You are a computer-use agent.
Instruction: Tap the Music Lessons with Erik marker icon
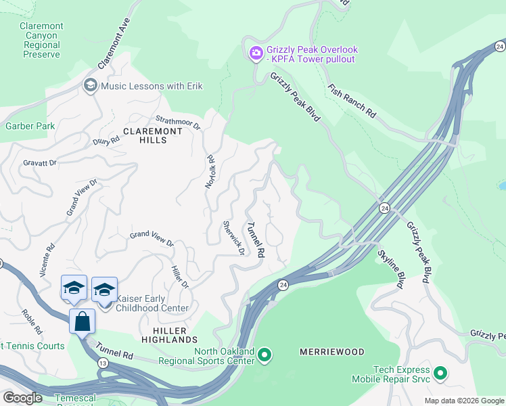(90, 85)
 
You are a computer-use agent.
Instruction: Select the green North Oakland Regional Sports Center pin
(264, 355)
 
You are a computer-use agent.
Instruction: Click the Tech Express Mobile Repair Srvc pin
(440, 374)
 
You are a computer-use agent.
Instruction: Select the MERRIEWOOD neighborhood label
(331, 352)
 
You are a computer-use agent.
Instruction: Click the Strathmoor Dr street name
(178, 122)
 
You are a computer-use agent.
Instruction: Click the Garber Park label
(30, 126)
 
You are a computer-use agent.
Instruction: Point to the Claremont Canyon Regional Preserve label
(42, 41)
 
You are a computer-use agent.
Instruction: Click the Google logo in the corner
(23, 398)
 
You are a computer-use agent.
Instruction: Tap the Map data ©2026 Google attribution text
(463, 401)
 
